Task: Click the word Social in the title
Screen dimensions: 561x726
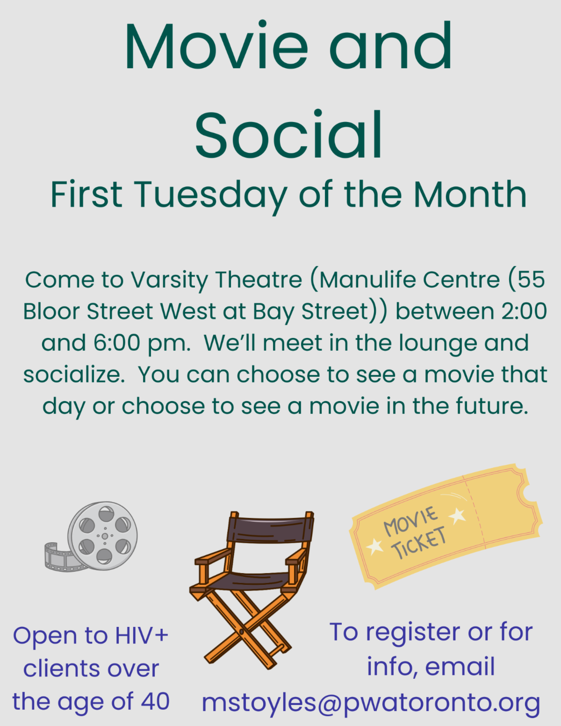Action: (x=289, y=135)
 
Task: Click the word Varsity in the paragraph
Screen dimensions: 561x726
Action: (x=169, y=280)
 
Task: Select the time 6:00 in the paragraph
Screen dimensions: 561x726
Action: (x=116, y=343)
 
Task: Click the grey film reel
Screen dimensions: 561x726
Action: (x=102, y=536)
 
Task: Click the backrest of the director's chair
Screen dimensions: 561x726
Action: (x=270, y=530)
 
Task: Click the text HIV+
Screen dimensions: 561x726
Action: (x=142, y=635)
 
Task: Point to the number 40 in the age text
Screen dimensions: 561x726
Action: (x=155, y=701)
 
